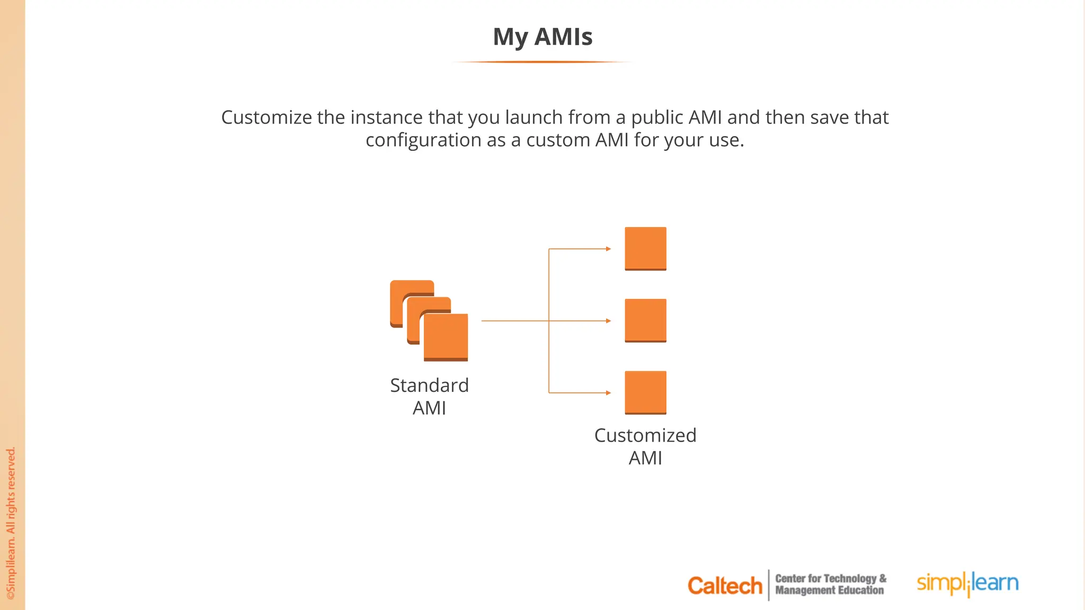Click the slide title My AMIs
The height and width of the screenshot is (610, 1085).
[542, 37]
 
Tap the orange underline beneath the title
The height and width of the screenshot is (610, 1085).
[542, 62]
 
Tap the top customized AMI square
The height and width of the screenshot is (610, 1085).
[645, 248]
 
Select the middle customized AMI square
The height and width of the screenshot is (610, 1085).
[645, 320]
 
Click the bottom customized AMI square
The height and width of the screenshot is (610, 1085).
[645, 392]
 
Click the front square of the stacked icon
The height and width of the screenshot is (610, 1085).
[446, 337]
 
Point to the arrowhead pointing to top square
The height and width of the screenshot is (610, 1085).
[609, 248]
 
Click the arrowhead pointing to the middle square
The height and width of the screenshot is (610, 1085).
[609, 321]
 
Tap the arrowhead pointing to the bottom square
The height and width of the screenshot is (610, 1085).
[609, 393]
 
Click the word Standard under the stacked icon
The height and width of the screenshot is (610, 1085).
[429, 385]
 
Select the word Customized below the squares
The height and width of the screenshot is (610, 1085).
[645, 435]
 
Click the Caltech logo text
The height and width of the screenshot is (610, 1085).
[724, 586]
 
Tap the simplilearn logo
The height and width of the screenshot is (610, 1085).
[967, 584]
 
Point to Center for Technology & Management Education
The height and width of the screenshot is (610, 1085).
[830, 585]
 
